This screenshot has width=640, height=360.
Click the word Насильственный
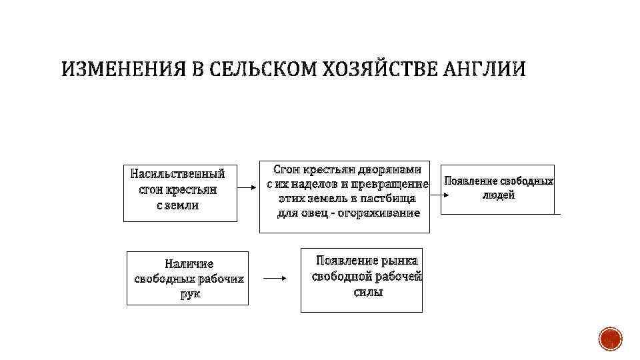click(178, 175)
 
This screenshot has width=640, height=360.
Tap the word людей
click(498, 195)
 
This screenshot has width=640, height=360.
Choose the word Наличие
click(189, 265)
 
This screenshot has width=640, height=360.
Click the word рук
click(190, 293)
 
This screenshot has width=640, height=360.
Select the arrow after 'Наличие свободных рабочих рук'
click(274, 279)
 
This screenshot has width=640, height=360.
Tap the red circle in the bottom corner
click(610, 339)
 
